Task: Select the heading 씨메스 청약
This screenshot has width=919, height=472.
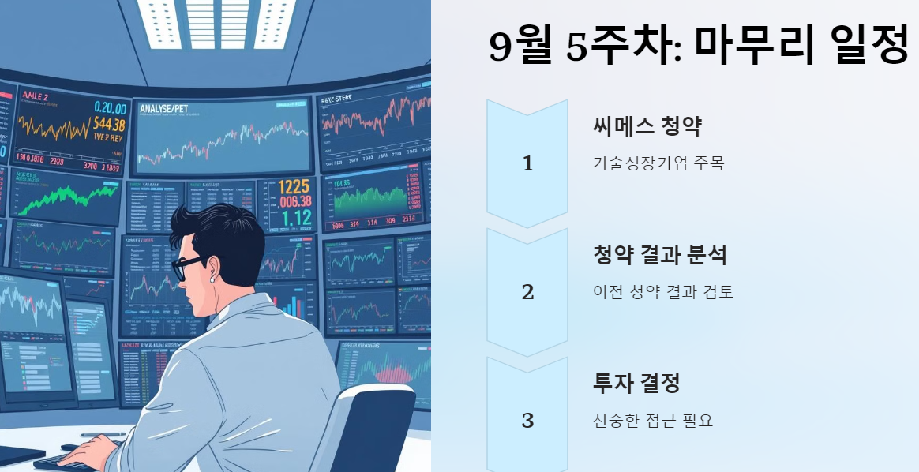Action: click(x=647, y=125)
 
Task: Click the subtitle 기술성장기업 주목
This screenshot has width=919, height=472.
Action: click(x=658, y=163)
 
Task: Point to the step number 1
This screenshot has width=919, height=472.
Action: click(x=527, y=164)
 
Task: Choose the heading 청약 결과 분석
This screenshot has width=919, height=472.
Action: click(x=659, y=254)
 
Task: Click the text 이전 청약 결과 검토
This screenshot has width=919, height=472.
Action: click(x=662, y=292)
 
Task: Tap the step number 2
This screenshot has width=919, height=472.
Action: click(x=527, y=292)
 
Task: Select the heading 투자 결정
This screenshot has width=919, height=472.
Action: click(x=636, y=384)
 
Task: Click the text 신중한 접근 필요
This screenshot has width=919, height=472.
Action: click(x=652, y=421)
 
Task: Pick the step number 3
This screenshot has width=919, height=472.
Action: click(x=527, y=421)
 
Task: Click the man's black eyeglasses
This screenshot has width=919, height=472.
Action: click(x=187, y=267)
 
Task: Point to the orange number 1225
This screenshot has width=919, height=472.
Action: click(x=295, y=187)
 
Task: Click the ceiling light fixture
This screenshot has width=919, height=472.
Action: click(x=216, y=24)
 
